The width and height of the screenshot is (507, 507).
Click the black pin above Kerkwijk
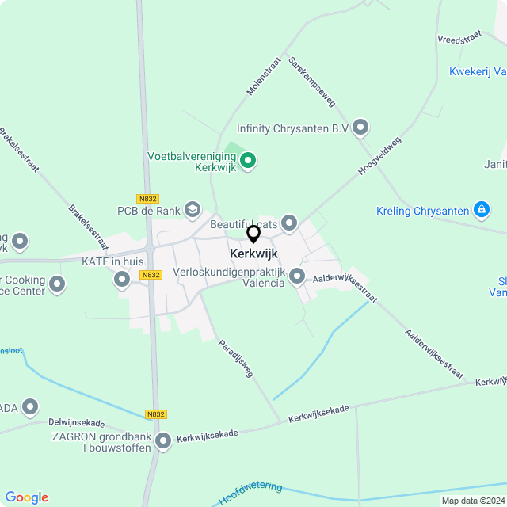click(x=253, y=234)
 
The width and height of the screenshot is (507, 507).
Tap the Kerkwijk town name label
click(x=253, y=253)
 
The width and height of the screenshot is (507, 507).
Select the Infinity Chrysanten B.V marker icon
click(x=361, y=127)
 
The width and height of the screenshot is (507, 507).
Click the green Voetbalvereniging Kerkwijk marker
click(x=248, y=162)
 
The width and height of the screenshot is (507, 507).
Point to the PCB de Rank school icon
click(x=192, y=210)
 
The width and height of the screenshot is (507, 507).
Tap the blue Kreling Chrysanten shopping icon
click(x=481, y=210)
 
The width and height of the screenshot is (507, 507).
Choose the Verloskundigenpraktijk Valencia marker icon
click(x=297, y=276)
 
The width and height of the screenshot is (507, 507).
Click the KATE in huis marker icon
click(x=122, y=279)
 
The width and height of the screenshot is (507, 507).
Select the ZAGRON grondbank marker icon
click(x=163, y=441)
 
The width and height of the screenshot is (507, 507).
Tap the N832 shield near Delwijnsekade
click(x=156, y=414)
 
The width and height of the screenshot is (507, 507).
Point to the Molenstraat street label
click(x=264, y=76)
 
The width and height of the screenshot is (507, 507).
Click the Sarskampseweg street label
click(x=312, y=82)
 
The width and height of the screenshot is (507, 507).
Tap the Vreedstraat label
click(x=460, y=36)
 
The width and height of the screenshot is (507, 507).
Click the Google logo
click(x=26, y=497)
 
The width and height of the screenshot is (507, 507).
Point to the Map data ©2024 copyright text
click(x=473, y=501)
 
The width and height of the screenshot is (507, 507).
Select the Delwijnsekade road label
click(x=76, y=423)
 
